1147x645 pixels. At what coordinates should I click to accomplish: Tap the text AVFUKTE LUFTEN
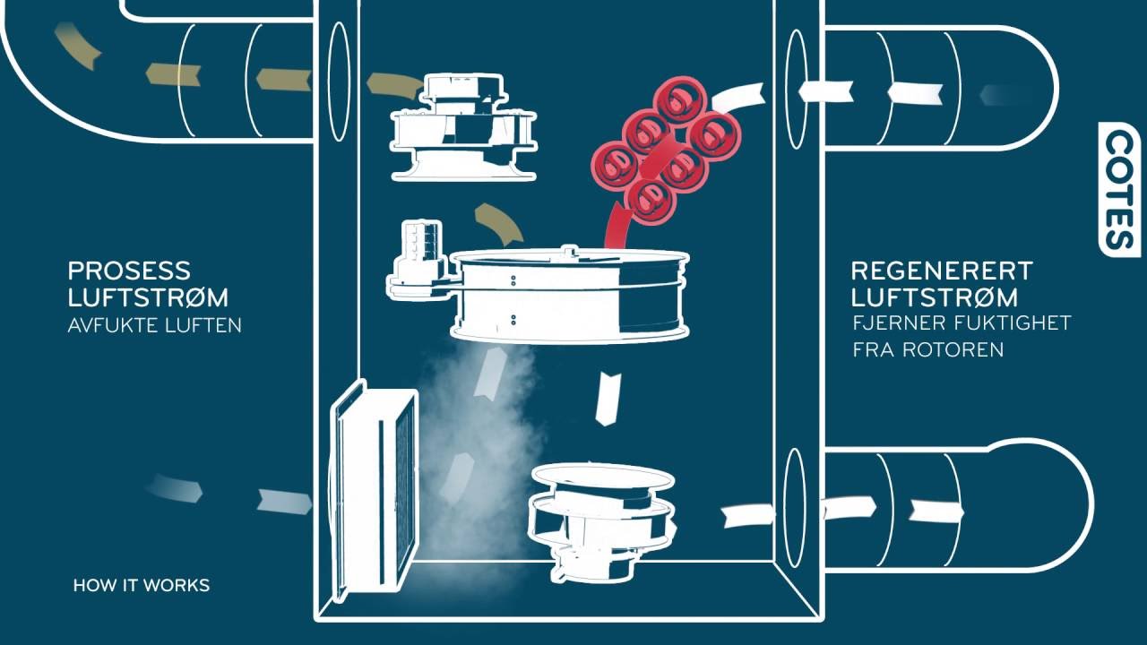click(155, 325)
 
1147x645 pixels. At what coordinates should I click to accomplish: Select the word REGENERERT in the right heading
click(942, 271)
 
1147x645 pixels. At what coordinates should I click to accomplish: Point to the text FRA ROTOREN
click(927, 349)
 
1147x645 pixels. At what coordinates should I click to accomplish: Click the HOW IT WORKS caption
click(142, 586)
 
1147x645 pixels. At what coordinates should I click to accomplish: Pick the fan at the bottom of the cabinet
click(602, 520)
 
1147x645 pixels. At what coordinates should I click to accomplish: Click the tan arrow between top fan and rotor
click(499, 225)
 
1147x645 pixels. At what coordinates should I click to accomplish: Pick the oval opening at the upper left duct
click(339, 82)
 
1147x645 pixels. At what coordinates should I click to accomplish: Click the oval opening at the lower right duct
click(795, 507)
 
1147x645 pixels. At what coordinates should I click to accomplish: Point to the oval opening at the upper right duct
click(796, 90)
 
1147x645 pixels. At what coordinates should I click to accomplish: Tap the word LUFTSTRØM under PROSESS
click(148, 297)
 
